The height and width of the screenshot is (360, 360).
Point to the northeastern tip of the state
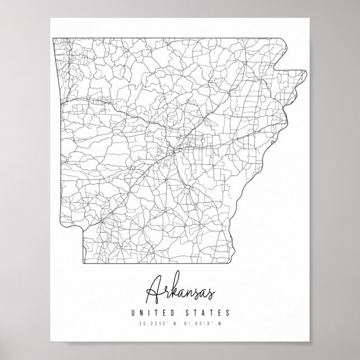[x=306, y=70]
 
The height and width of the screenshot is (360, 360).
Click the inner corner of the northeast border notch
[x=280, y=70]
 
